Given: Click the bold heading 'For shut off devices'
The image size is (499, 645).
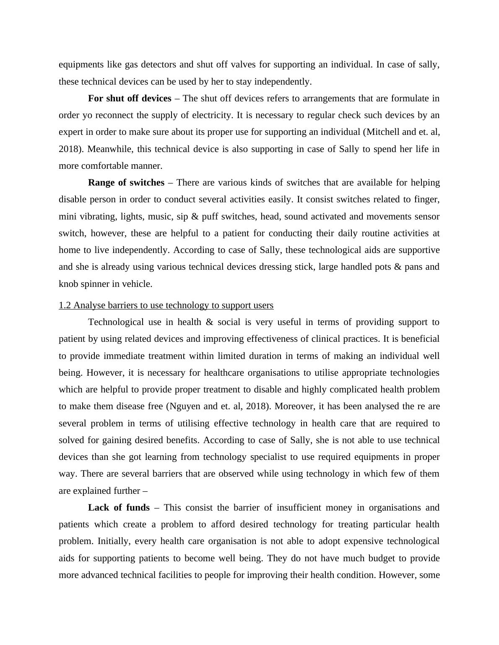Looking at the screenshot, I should tap(130, 98).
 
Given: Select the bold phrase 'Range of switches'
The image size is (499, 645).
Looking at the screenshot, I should tap(126, 183).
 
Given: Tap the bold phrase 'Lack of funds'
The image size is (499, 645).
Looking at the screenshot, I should tap(119, 508).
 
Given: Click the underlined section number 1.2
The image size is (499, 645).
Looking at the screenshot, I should tap(65, 305).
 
